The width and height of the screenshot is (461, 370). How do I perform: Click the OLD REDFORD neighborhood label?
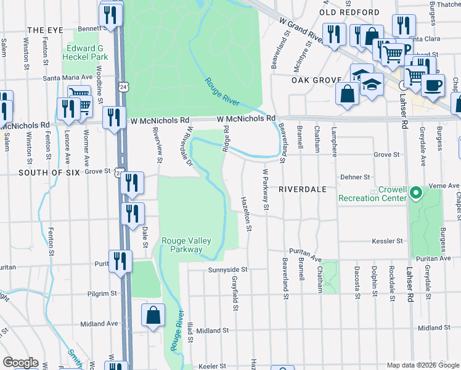pos(349,12)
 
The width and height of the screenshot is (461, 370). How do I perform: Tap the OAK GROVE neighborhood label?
pos(317,80)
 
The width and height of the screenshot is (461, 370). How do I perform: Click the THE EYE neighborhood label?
pos(46,30)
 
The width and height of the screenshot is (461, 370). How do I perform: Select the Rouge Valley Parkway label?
pos(182,245)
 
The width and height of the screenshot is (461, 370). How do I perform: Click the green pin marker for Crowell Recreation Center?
pos(416,193)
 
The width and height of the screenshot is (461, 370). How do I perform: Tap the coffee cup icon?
pos(433,84)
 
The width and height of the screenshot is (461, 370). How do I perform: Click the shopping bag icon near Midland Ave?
pos(152,316)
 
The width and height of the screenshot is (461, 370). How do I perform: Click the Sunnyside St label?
pos(227,269)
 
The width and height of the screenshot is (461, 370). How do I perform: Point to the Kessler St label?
pos(387,240)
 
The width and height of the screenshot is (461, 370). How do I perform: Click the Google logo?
pos(20,363)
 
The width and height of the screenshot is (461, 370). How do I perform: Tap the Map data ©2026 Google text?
pos(422,365)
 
